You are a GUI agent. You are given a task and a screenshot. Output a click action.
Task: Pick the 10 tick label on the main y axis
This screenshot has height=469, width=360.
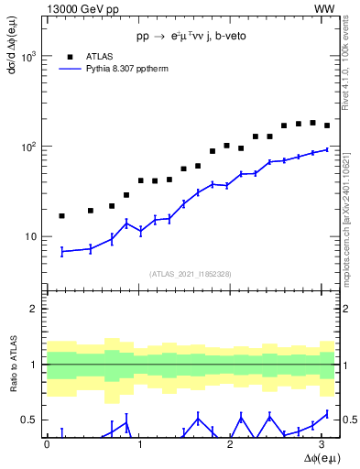coord(35,236)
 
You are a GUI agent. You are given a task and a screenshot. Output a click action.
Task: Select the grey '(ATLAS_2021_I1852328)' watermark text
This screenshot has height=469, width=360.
coord(191,274)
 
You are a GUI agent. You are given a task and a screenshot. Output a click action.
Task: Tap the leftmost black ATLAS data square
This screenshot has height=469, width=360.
coord(61,216)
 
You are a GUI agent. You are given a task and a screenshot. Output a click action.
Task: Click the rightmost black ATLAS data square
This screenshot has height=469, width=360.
coord(327,125)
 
